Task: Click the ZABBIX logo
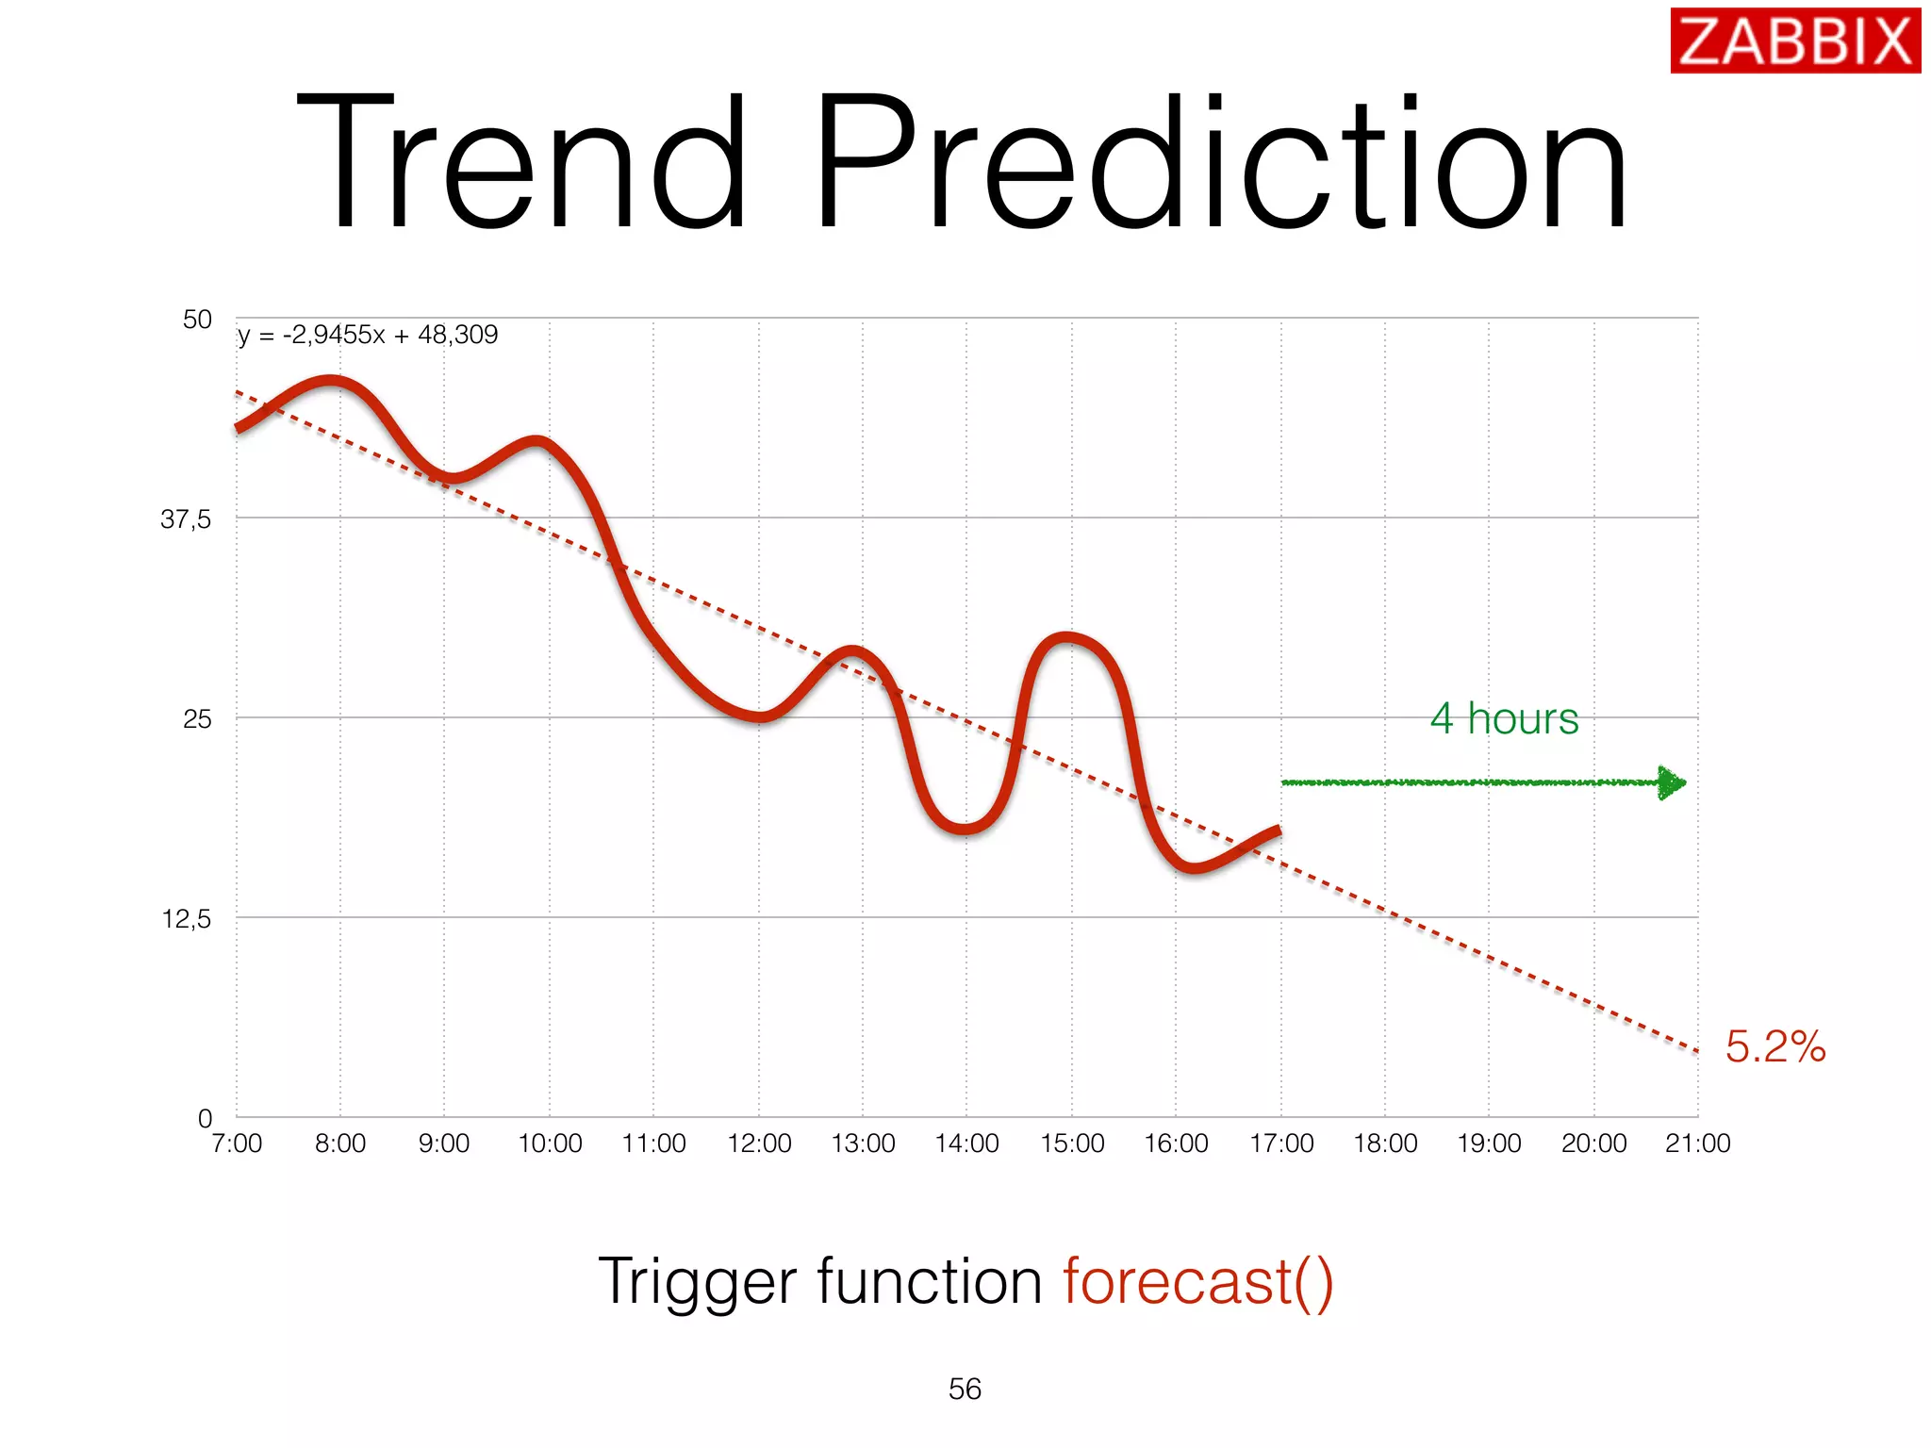1794,41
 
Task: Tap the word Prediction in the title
1221,163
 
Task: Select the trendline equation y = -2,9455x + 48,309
367,335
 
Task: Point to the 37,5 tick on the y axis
186,518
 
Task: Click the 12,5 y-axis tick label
186,919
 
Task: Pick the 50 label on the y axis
197,320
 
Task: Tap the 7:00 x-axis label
237,1144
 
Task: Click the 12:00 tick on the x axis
759,1144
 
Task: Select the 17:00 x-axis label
1281,1144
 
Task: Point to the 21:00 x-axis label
1698,1144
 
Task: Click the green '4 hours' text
1504,718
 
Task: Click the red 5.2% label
1775,1046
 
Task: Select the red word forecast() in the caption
1198,1282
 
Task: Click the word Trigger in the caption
698,1282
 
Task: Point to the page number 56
965,1389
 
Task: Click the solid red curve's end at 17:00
1278,831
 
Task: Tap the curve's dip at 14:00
964,829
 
